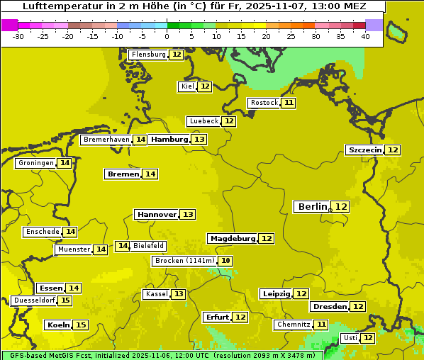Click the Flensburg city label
pyautogui.click(x=148, y=55)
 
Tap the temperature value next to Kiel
pyautogui.click(x=205, y=86)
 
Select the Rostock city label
pyautogui.click(x=264, y=103)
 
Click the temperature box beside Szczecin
pyautogui.click(x=393, y=150)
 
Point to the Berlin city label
pyautogui.click(x=313, y=206)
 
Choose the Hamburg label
pyautogui.click(x=169, y=140)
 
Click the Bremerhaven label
pyautogui.click(x=106, y=140)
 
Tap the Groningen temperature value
pyautogui.click(x=65, y=163)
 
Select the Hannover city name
pyautogui.click(x=157, y=214)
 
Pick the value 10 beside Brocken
pyautogui.click(x=225, y=261)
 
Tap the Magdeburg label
pyautogui.click(x=232, y=238)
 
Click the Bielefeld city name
pyautogui.click(x=148, y=246)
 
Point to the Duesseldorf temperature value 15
pyautogui.click(x=65, y=300)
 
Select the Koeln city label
pyautogui.click(x=58, y=325)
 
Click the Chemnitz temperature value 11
pyautogui.click(x=321, y=325)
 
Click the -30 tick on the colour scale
pyautogui.click(x=19, y=36)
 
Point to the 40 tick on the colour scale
pyautogui.click(x=365, y=36)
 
